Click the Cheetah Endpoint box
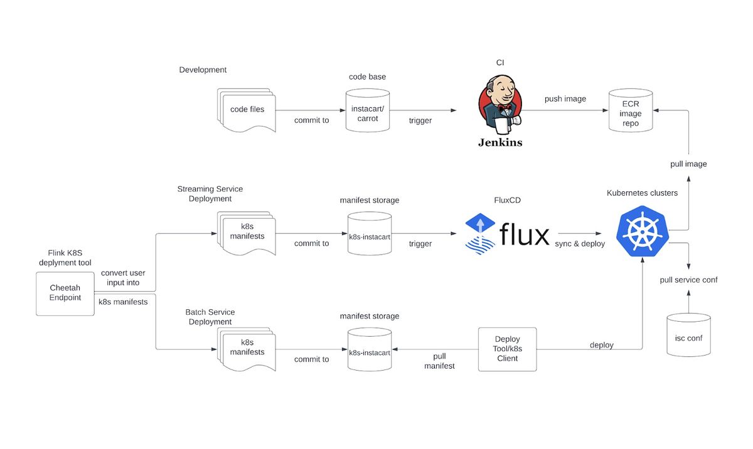tap(65, 293)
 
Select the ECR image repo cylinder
tap(630, 110)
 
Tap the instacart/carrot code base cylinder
tap(368, 110)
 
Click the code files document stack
tap(247, 110)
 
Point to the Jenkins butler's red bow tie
tap(505, 108)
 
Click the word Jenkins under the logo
tap(500, 142)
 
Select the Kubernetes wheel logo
tap(643, 231)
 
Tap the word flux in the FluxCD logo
tap(525, 234)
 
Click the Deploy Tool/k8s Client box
tap(507, 349)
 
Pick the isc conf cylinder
tap(688, 335)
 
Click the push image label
tap(565, 98)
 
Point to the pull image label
tap(688, 164)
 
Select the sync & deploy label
tap(580, 243)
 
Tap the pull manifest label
tap(439, 361)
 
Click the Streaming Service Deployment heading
tap(210, 194)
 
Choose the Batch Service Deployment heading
tap(210, 317)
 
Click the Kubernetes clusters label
tap(642, 193)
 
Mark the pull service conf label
tap(688, 280)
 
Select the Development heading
tap(203, 70)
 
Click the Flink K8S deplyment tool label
tap(65, 258)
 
